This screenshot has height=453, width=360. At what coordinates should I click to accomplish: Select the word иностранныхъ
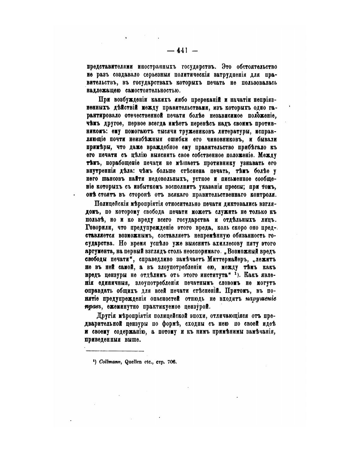coord(157,67)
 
